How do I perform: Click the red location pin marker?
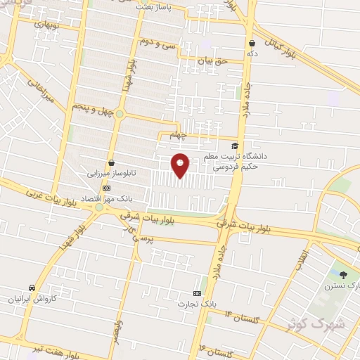coord(181,165)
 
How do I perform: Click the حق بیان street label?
coord(212,63)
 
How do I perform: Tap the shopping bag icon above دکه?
coord(251,43)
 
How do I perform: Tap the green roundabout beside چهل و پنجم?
coord(120,113)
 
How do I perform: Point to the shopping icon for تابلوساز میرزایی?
coord(111,162)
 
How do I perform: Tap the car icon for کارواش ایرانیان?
coord(32,288)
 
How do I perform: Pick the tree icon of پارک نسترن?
coord(344,275)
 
